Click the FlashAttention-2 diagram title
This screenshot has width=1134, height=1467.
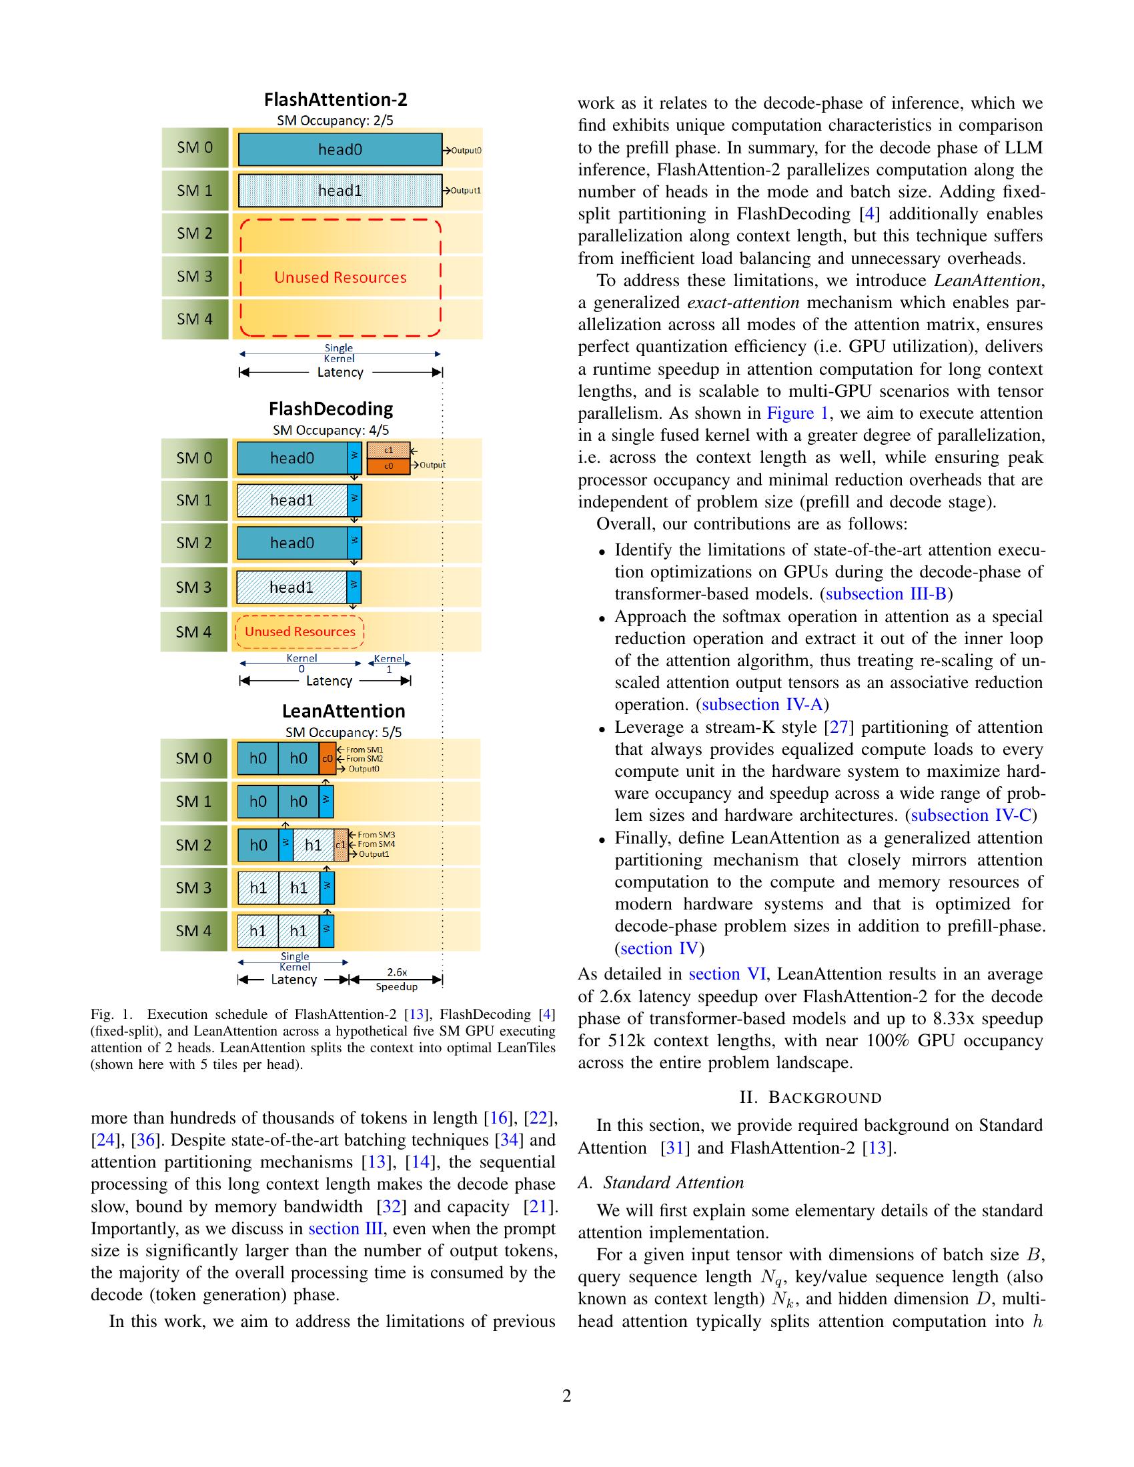pyautogui.click(x=336, y=100)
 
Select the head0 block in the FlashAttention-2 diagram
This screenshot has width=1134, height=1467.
pyautogui.click(x=340, y=149)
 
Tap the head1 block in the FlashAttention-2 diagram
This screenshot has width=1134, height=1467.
pyautogui.click(x=340, y=191)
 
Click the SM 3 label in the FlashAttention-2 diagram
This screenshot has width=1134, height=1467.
pyautogui.click(x=195, y=276)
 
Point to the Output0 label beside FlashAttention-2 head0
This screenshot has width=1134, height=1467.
pyautogui.click(x=466, y=151)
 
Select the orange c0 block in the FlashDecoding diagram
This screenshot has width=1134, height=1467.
pyautogui.click(x=388, y=465)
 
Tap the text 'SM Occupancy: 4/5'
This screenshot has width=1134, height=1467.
pyautogui.click(x=330, y=430)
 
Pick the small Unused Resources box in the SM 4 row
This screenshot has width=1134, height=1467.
pyautogui.click(x=300, y=631)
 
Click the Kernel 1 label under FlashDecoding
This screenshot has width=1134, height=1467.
pyautogui.click(x=389, y=663)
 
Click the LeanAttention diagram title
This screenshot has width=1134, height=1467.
pyautogui.click(x=344, y=711)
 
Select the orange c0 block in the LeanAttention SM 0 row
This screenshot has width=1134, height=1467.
pyautogui.click(x=327, y=758)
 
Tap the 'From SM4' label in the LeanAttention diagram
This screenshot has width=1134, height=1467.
pyautogui.click(x=376, y=844)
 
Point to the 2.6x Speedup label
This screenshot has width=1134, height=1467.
pyautogui.click(x=396, y=979)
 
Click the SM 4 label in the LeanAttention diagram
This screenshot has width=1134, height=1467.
pyautogui.click(x=193, y=930)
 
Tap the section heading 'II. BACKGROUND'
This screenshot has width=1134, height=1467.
pyautogui.click(x=810, y=1098)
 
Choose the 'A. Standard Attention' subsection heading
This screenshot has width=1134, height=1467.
pyautogui.click(x=660, y=1183)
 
